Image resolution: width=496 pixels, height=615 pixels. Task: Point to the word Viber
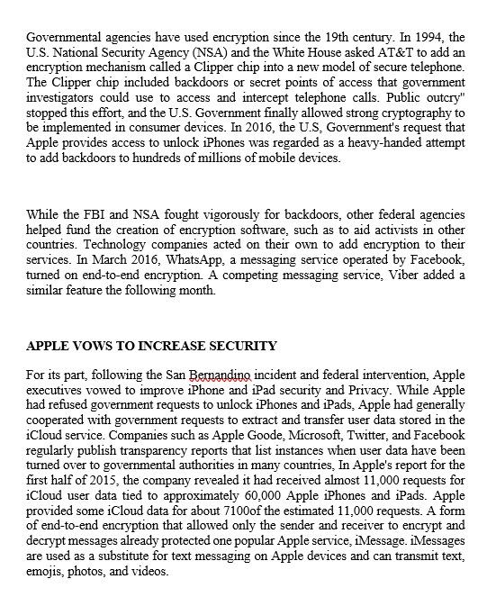(352, 276)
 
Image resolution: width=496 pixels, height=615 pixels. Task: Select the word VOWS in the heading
(93, 346)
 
